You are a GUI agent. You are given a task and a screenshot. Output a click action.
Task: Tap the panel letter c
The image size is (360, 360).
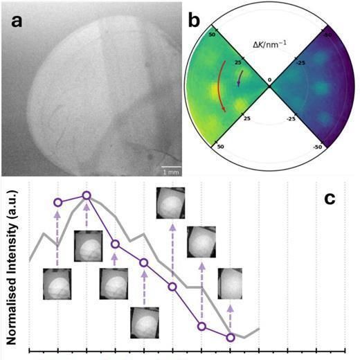331,198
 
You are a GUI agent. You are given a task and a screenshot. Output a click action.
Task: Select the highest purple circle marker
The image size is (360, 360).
87,196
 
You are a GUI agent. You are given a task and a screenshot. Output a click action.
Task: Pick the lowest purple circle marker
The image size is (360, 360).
231,338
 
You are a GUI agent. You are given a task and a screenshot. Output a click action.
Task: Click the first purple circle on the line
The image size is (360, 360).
57,202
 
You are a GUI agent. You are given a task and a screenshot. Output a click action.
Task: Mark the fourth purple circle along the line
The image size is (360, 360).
144,262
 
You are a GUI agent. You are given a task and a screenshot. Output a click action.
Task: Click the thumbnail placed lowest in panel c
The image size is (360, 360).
144,321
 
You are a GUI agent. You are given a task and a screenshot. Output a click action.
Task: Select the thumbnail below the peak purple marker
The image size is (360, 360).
87,247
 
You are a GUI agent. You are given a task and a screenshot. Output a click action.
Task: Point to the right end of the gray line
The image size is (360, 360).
259,328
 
